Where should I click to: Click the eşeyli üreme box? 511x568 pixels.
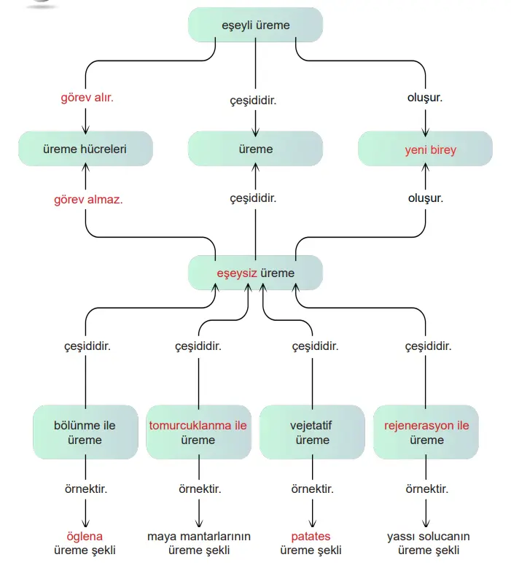[255, 25]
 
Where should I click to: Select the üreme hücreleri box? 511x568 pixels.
[85, 149]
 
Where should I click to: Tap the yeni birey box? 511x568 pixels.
[425, 149]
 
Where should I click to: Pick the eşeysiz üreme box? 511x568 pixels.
[255, 273]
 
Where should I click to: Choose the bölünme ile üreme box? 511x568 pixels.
[85, 432]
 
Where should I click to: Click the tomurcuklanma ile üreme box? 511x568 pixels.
[198, 432]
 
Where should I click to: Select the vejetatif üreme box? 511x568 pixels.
[312, 432]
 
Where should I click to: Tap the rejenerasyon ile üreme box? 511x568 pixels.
[426, 432]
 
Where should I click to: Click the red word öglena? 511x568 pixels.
[85, 537]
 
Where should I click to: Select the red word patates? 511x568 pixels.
[312, 537]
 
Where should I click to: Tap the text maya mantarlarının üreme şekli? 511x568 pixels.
[199, 543]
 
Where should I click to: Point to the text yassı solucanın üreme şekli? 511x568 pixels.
[426, 543]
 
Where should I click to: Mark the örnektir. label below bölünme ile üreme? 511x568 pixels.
[86, 489]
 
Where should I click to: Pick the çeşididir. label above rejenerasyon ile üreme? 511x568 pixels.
[426, 346]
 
